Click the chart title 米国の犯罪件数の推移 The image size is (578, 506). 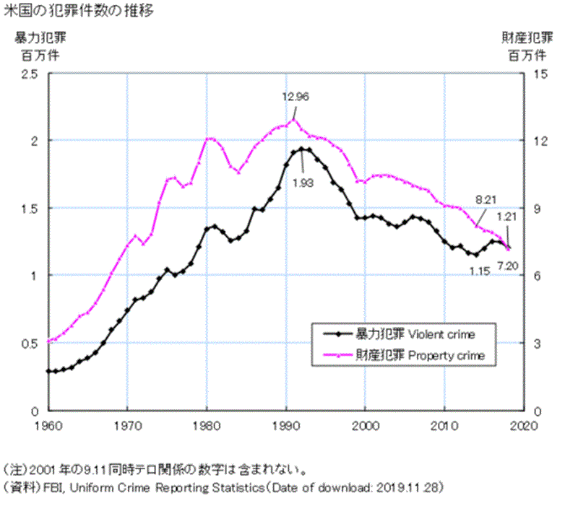click(78, 12)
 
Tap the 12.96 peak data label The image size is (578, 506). click(296, 96)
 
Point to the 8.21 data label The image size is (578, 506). click(484, 197)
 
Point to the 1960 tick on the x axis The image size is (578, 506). click(48, 424)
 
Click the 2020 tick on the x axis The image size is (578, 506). click(525, 424)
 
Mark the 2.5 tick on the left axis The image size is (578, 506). click(31, 74)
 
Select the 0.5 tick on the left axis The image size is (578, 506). click(31, 343)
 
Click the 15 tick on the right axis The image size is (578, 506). click(541, 74)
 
